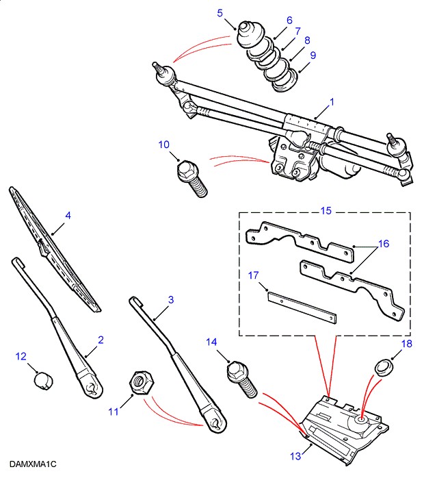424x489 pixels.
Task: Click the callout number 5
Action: [220, 12]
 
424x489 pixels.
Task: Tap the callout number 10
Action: [163, 144]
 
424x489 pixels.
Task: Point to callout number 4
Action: [68, 215]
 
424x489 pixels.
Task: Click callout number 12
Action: [21, 355]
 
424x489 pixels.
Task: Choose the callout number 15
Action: [326, 210]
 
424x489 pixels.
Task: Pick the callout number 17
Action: [254, 275]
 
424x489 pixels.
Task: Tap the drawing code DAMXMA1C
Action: [33, 464]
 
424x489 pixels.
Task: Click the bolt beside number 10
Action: [191, 177]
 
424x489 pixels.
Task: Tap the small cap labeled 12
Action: [44, 378]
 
